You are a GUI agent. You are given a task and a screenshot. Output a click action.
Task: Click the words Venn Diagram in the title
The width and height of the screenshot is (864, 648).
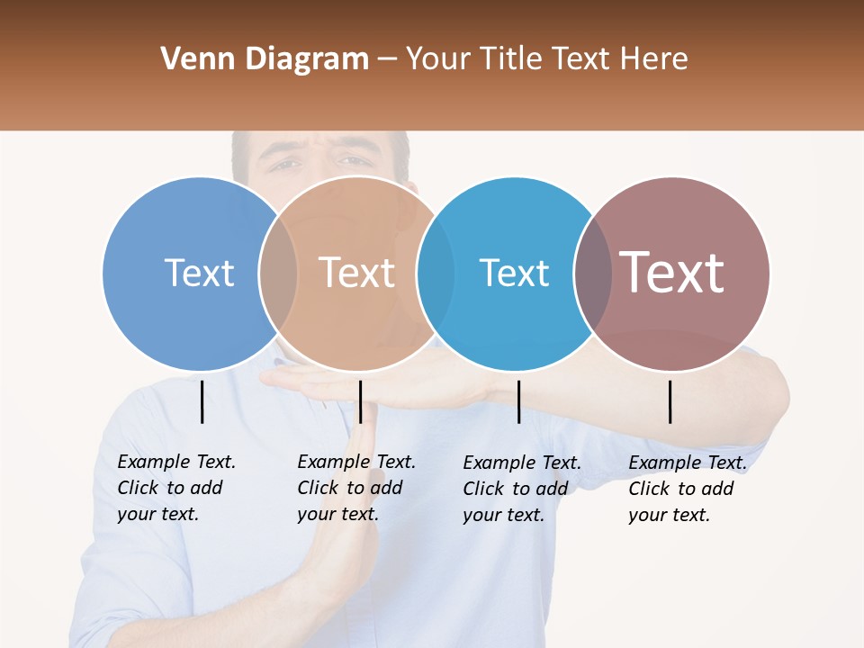[265, 59]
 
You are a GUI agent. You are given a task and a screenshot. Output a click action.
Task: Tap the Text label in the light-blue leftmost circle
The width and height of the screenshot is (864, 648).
[199, 273]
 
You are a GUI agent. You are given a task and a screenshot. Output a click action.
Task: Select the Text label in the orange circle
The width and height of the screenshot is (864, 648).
[356, 273]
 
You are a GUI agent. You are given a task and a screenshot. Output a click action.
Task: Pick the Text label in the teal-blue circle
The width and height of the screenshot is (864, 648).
[514, 273]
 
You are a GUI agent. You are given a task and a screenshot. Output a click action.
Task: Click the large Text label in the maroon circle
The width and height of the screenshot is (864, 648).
[672, 272]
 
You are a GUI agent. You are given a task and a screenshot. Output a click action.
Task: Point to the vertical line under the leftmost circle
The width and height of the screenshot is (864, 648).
[202, 401]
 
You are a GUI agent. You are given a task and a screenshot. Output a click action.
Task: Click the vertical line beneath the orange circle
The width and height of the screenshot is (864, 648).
[360, 401]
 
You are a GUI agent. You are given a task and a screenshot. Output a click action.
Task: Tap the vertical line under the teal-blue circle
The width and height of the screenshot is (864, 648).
[518, 401]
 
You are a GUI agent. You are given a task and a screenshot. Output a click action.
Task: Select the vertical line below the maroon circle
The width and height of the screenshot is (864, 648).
[670, 401]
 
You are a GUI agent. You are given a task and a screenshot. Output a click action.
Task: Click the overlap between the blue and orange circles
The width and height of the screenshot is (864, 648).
[278, 274]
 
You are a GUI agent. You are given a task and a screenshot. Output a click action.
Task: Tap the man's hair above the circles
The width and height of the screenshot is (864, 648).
[319, 140]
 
